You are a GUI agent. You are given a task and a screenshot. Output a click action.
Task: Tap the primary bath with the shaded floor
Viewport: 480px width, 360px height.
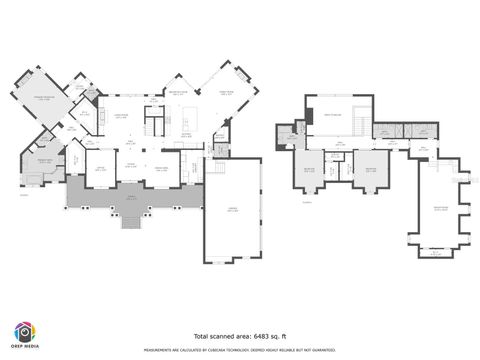point(42,177)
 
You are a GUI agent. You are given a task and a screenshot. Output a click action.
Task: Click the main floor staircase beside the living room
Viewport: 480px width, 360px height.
point(152,126)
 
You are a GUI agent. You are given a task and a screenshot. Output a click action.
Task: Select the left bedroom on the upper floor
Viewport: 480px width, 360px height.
point(310,171)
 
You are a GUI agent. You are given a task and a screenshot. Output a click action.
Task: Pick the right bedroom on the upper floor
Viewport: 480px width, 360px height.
point(371,171)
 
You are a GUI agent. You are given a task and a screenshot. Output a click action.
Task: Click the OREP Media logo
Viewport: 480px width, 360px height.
point(25,334)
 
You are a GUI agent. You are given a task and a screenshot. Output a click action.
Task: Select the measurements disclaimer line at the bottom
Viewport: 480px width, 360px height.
point(239,351)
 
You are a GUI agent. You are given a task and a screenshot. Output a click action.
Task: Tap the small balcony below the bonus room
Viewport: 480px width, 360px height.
point(435,253)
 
